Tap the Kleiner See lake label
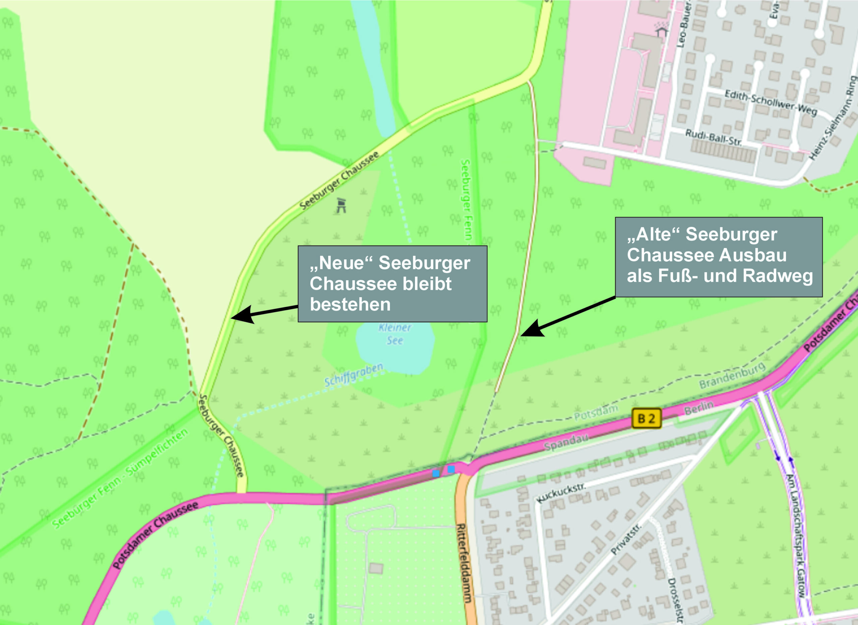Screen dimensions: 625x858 click(394, 334)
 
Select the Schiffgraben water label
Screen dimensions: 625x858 click(354, 375)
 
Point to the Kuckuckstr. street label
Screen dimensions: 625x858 click(561, 493)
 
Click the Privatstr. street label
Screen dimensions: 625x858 click(626, 539)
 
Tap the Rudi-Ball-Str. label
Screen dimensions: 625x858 click(713, 138)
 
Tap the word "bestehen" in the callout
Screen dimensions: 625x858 click(350, 304)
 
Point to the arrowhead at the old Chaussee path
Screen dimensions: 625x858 click(531, 329)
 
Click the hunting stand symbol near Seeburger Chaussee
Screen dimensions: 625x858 click(342, 205)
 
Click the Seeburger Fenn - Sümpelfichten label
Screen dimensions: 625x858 click(120, 478)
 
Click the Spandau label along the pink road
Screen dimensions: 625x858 click(566, 442)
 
